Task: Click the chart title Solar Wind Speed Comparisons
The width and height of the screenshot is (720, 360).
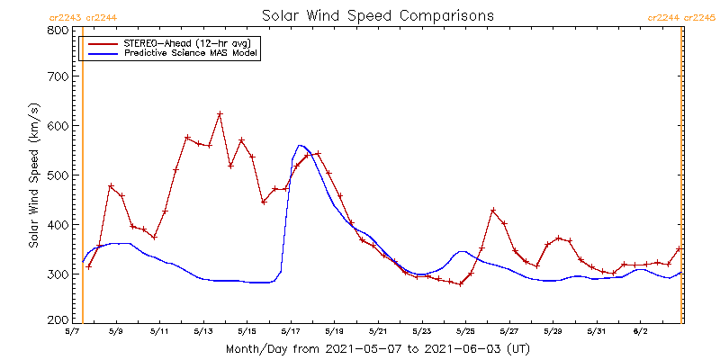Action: (x=377, y=16)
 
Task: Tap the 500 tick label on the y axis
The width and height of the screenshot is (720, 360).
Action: (x=58, y=175)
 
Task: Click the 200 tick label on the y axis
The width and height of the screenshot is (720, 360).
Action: (x=58, y=319)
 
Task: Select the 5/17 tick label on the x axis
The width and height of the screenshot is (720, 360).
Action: (x=291, y=331)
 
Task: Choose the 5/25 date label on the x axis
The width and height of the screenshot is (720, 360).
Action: (x=465, y=331)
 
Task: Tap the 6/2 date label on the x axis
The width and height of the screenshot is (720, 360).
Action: (x=640, y=331)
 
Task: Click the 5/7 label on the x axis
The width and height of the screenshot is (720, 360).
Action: (x=72, y=331)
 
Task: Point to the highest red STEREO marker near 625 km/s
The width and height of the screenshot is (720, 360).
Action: (x=220, y=114)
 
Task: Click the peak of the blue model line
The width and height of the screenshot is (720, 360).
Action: (x=301, y=145)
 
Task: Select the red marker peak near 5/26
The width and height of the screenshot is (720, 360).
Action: (x=493, y=211)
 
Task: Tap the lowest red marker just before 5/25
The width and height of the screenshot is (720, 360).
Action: (x=460, y=284)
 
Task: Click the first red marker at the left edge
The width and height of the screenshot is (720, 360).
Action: (x=88, y=266)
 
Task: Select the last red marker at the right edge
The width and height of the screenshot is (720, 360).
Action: (x=679, y=248)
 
